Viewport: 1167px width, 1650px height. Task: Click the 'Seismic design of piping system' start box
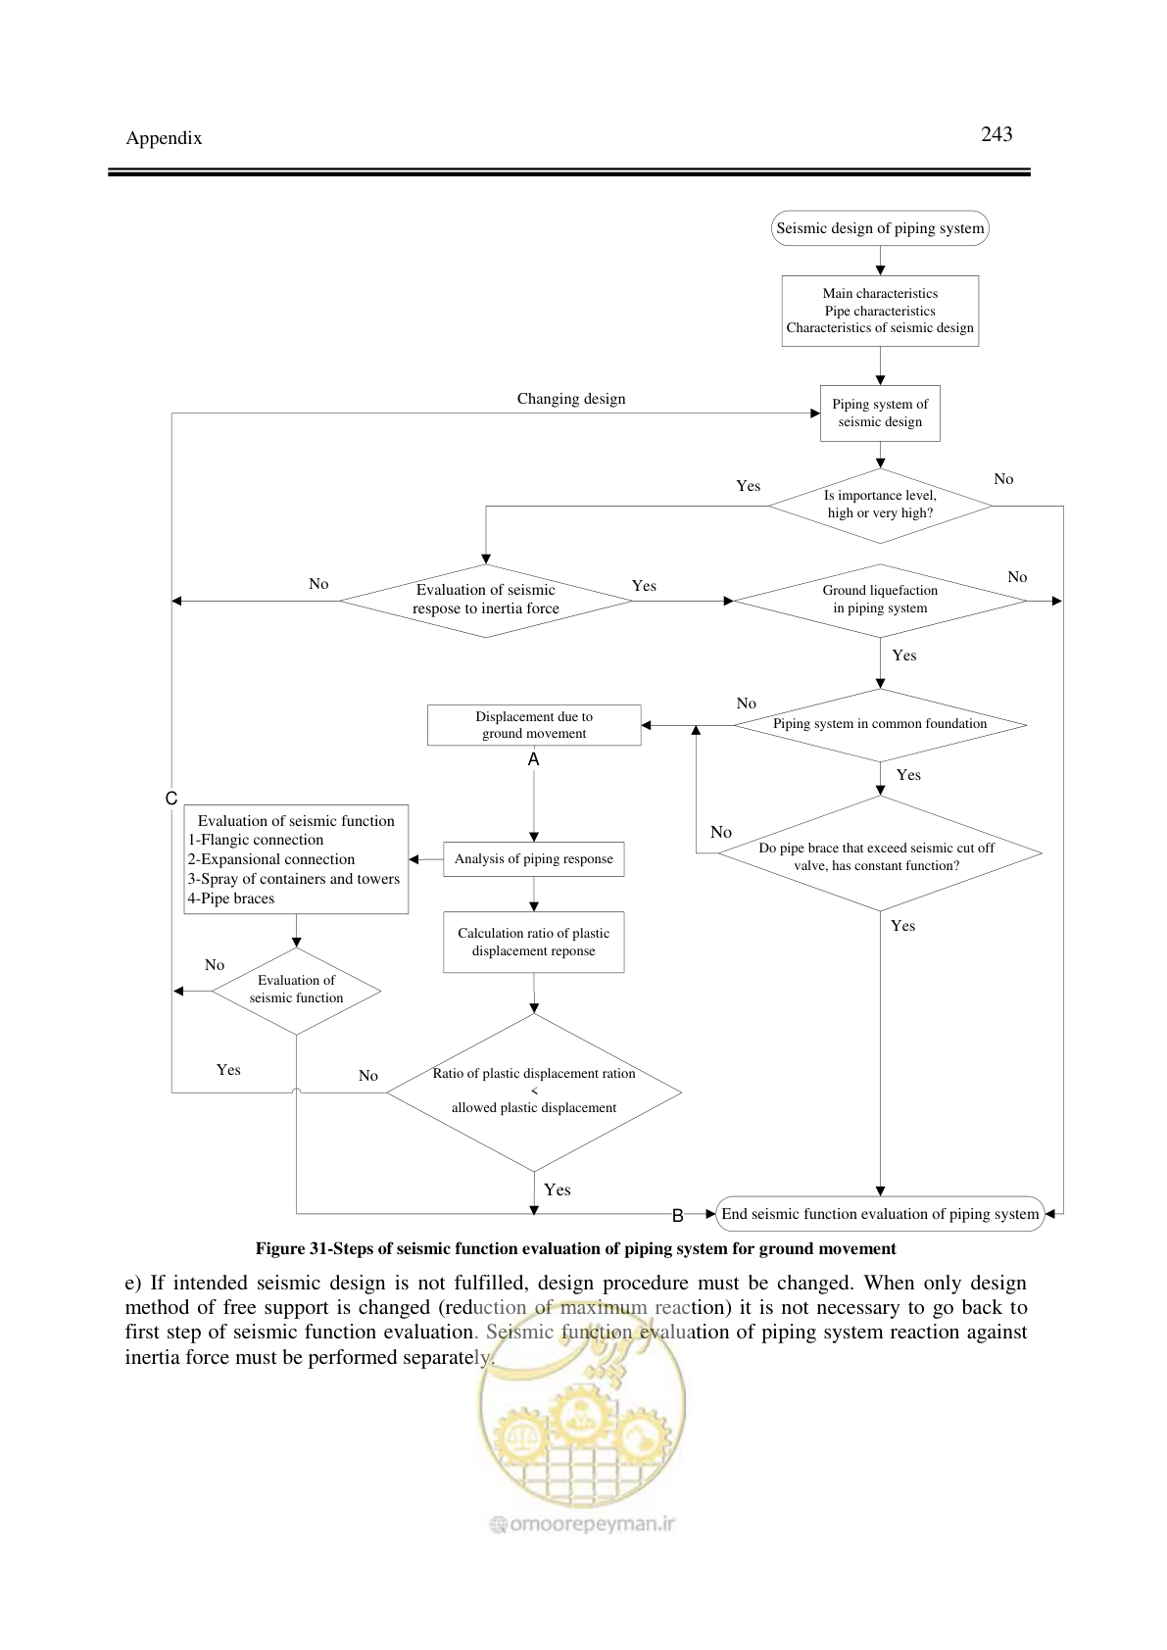coord(880,228)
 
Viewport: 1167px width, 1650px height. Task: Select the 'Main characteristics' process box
coord(880,311)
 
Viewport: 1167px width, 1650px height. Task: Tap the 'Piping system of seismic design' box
coord(880,413)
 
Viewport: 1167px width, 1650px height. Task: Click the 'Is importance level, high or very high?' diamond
coord(880,506)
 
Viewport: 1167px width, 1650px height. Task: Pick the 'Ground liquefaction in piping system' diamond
coord(880,601)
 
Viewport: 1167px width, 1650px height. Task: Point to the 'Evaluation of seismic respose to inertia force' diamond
coord(485,601)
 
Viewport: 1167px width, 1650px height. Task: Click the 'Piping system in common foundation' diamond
coord(880,725)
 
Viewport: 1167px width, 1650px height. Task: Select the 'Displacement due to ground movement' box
coord(534,725)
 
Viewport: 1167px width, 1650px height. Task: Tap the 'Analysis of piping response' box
coord(533,859)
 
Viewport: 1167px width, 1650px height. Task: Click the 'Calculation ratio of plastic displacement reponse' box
coord(533,943)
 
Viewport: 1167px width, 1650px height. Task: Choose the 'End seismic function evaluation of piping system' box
coord(880,1213)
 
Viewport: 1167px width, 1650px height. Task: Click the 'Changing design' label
coord(571,399)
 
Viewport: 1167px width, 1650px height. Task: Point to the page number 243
coord(997,134)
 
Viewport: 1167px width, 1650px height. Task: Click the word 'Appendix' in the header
coord(164,138)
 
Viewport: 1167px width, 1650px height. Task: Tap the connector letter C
coord(170,799)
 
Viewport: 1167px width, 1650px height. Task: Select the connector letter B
coord(678,1216)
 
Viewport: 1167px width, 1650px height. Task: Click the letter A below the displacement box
coord(533,759)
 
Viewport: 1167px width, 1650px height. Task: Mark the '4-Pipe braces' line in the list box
coord(230,898)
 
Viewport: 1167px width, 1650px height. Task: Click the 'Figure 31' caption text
coord(575,1248)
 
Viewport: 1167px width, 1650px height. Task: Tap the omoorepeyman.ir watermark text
coord(583,1524)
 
